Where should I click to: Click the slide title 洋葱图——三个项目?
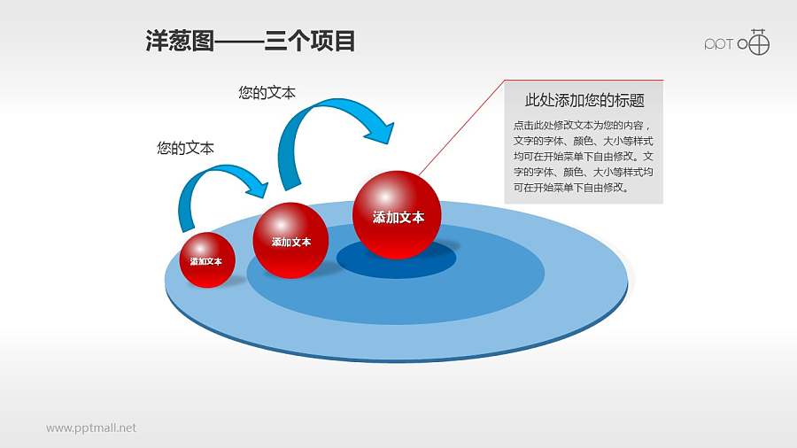click(x=250, y=41)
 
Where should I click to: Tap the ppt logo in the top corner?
click(x=737, y=42)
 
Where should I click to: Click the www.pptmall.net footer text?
click(x=91, y=429)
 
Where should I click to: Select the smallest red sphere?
click(x=207, y=260)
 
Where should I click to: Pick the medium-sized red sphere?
click(x=290, y=240)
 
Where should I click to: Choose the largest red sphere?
click(x=397, y=215)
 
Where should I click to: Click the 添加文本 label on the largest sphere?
click(x=398, y=218)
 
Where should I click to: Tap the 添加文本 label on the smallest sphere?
click(x=205, y=261)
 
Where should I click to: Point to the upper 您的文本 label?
click(x=267, y=92)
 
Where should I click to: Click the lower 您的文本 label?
click(x=186, y=148)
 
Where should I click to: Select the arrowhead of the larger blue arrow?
click(x=380, y=131)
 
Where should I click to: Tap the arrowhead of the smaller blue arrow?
click(x=258, y=188)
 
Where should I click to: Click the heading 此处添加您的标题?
click(x=584, y=101)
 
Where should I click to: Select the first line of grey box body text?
click(x=582, y=126)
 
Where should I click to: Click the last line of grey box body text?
click(x=571, y=188)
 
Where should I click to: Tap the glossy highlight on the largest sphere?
click(x=385, y=196)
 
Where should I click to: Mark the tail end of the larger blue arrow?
click(x=290, y=187)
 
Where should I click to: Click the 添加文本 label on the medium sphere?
click(x=291, y=243)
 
